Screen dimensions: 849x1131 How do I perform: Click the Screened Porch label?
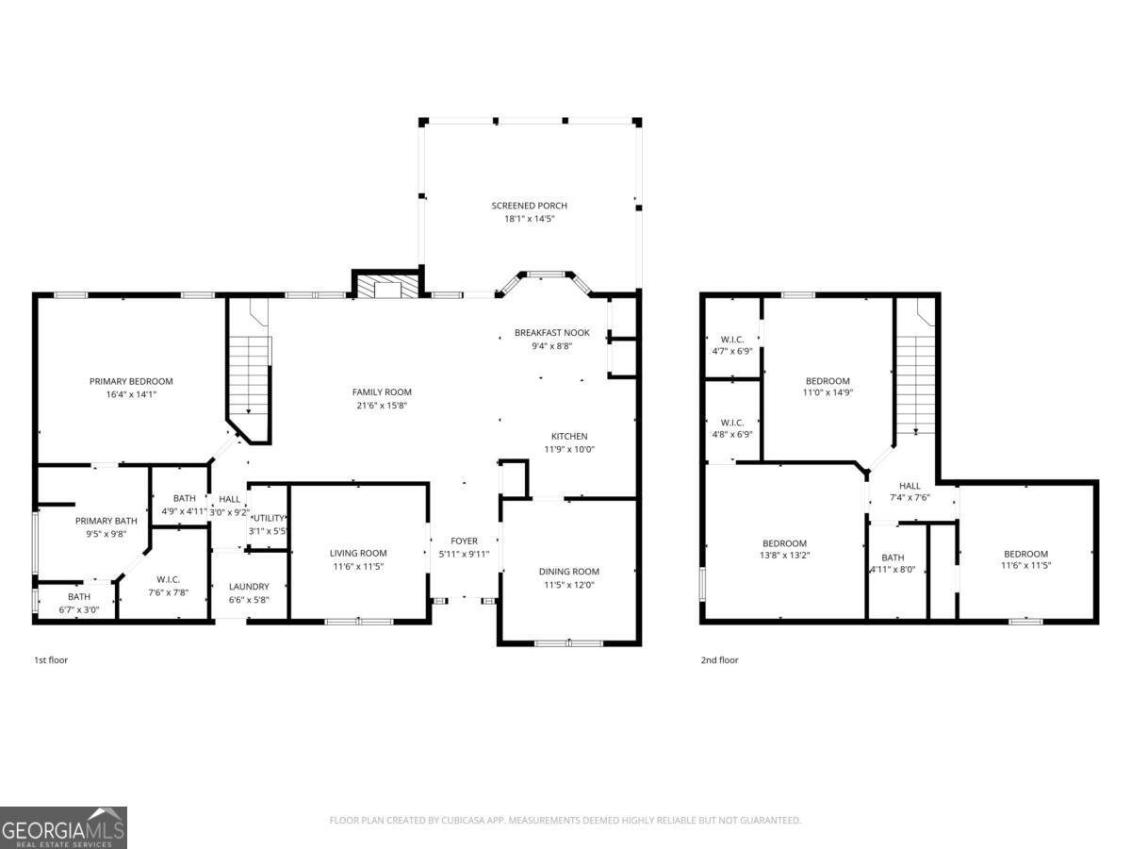tap(529, 206)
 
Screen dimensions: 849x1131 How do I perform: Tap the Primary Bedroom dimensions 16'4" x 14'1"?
tap(131, 394)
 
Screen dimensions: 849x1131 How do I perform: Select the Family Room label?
tap(382, 392)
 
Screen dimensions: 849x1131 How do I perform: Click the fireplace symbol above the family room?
tap(387, 288)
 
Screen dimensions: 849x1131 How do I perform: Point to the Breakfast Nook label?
tap(551, 333)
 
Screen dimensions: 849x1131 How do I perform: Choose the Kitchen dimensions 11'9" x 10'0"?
tap(569, 449)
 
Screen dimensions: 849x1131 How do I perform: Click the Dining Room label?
tap(568, 572)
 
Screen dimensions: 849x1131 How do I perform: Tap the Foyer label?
tap(464, 541)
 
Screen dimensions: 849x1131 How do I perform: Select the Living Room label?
tap(358, 554)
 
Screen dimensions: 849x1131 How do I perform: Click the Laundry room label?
tap(249, 587)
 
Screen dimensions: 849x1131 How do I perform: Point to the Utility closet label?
tap(268, 519)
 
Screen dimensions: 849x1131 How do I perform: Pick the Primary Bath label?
tap(107, 521)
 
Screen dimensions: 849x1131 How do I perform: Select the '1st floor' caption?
tap(51, 660)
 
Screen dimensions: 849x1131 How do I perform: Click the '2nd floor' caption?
tap(719, 660)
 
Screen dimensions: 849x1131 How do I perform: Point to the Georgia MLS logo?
tap(63, 828)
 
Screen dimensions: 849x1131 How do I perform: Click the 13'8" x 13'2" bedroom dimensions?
tap(784, 556)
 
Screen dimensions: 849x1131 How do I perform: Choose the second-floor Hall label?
tap(910, 487)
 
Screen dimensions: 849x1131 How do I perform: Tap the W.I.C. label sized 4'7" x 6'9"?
tap(732, 340)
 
